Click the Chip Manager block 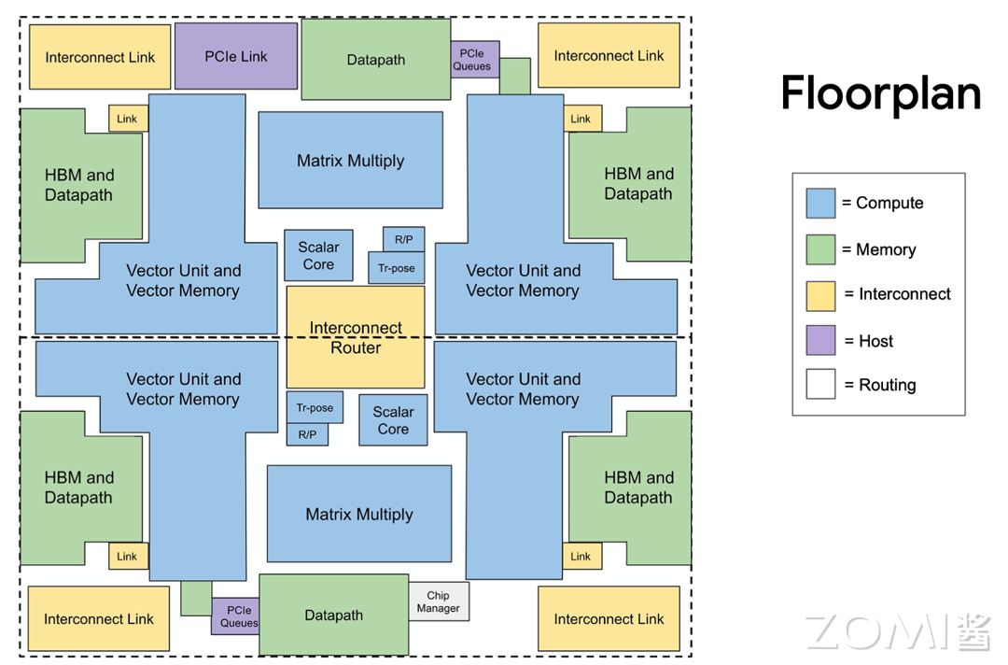pos(439,601)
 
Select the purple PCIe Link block pos(236,56)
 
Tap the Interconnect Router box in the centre pos(356,337)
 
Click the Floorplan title pos(880,93)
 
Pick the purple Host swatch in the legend pos(820,341)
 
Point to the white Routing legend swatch pos(820,385)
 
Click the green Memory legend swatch pos(820,249)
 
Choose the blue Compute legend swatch pos(820,203)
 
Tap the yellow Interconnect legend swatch pos(820,294)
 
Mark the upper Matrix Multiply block pos(350,161)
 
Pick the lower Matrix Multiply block pos(359,514)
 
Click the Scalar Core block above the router pos(318,256)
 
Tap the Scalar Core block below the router pos(393,420)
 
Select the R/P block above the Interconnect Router pos(403,240)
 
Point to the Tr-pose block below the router pos(315,408)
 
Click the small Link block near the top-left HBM pos(128,119)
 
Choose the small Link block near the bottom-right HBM pos(581,556)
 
